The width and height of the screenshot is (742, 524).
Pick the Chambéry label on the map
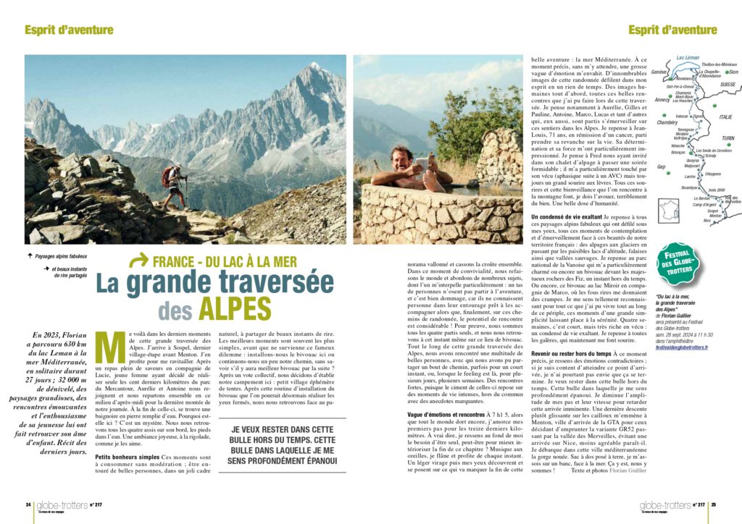pos(666,122)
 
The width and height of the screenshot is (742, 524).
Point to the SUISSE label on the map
pos(726,84)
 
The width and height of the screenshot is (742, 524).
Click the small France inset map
pos(668,211)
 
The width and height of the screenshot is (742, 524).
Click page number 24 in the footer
pos(28,504)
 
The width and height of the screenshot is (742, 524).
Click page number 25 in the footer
pos(713,504)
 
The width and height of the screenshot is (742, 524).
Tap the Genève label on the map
pos(659,72)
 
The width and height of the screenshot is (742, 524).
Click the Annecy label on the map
pos(662,99)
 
